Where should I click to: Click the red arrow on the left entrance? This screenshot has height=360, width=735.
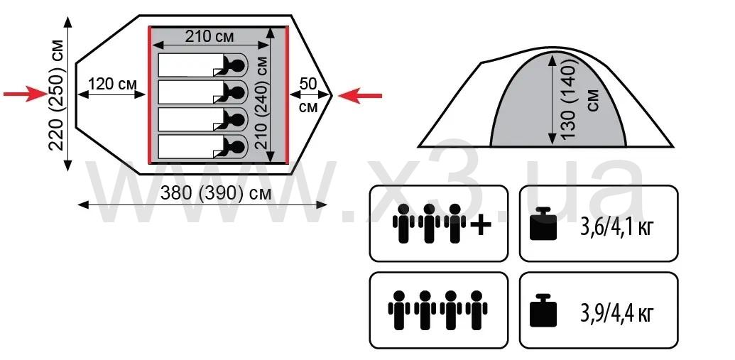pyautogui.click(x=25, y=94)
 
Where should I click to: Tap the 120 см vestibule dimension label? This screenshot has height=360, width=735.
pyautogui.click(x=112, y=84)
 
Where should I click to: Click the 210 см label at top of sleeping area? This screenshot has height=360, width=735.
pyautogui.click(x=212, y=37)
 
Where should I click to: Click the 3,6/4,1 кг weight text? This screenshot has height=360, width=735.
pyautogui.click(x=615, y=227)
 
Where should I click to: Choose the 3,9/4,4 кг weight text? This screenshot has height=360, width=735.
pyautogui.click(x=615, y=312)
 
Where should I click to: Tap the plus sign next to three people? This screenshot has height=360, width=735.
pyautogui.click(x=481, y=225)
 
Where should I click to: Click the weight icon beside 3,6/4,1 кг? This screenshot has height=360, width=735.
pyautogui.click(x=545, y=224)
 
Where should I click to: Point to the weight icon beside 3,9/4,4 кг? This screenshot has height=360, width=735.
pyautogui.click(x=545, y=311)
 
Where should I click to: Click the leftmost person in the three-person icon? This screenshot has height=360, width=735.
pyautogui.click(x=403, y=223)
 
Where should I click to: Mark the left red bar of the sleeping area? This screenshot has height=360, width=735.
pyautogui.click(x=149, y=96)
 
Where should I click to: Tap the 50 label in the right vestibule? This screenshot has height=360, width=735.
pyautogui.click(x=308, y=83)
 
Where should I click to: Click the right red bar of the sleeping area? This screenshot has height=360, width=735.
pyautogui.click(x=286, y=96)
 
